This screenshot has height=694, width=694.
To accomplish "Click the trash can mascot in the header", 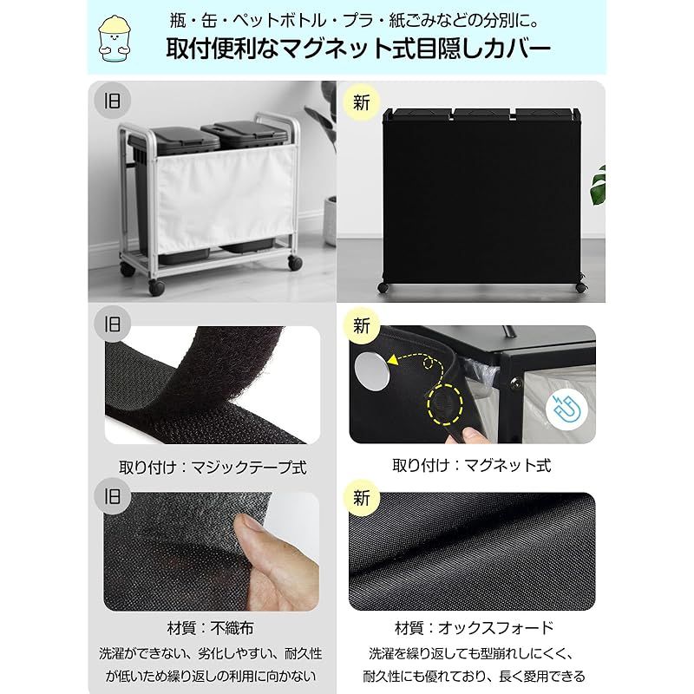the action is (x=115, y=38).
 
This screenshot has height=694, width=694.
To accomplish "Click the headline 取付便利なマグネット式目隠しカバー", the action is (x=358, y=49).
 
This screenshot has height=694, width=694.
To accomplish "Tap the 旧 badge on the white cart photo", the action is (x=112, y=101).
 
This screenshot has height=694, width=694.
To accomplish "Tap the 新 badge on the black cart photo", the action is (x=362, y=103).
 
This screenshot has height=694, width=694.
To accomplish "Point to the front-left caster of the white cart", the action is (x=157, y=287).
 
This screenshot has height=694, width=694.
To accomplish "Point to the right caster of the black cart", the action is (x=581, y=287).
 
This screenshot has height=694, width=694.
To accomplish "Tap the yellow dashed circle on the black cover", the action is (x=445, y=404).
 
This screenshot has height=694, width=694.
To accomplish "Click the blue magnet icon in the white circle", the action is (x=566, y=409).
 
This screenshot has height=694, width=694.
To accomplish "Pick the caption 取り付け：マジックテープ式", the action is (x=213, y=468).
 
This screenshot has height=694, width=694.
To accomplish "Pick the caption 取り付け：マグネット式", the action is (x=472, y=466).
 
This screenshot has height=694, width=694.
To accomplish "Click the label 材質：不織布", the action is (x=211, y=627).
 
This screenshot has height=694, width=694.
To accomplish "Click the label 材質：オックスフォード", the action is (x=475, y=627).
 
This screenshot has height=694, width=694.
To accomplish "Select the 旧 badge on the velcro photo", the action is (x=112, y=324).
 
